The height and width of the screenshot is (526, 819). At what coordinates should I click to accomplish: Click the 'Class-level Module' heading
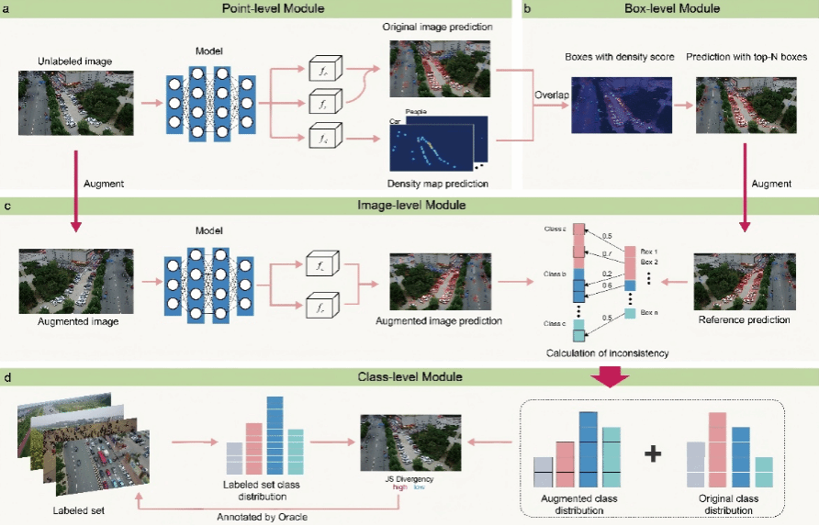pos(409,375)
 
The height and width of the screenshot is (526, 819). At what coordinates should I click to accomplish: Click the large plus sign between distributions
pos(653,453)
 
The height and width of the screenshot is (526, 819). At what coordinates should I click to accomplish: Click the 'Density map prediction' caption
pos(439,185)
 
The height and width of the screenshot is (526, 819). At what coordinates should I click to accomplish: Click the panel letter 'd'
pos(8,375)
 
